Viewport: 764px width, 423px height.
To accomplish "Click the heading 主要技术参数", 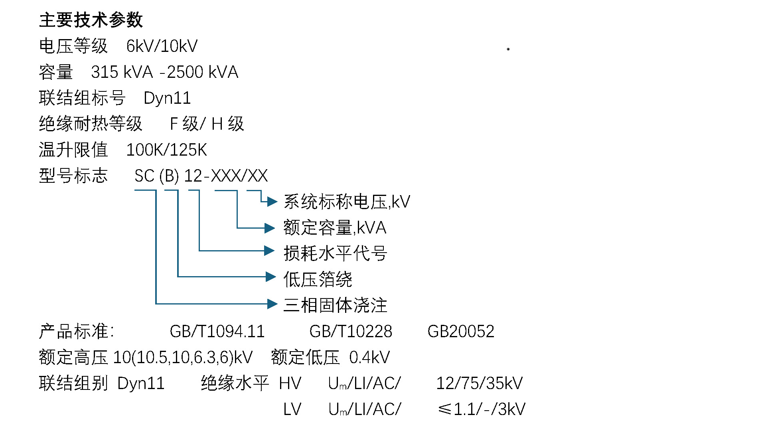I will point(91,20).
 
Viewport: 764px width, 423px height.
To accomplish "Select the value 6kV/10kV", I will point(162,46).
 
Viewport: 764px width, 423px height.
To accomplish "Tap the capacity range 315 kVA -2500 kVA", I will point(164,72).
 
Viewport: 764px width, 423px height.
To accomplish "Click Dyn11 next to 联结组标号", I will point(167,98).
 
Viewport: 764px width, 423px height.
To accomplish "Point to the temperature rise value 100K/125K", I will point(166,150).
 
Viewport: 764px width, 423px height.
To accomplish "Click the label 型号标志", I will point(73,176).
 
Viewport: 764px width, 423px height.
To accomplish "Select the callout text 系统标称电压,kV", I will point(347,202).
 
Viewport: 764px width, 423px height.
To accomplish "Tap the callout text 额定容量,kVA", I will point(335,228).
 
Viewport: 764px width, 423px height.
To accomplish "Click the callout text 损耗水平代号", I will point(335,253).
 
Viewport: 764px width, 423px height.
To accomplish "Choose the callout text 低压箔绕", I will point(318,279).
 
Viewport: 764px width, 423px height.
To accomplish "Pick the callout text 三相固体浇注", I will point(335,305).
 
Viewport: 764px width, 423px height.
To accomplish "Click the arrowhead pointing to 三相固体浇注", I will point(272,304).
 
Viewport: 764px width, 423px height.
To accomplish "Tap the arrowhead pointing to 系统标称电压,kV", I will point(272,202).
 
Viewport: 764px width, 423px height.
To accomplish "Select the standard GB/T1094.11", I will point(217,332).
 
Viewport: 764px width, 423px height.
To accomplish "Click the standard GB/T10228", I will point(351,332).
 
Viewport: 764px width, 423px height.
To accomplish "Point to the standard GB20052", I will point(461,332).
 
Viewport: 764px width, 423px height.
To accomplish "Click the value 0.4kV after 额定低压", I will point(369,358).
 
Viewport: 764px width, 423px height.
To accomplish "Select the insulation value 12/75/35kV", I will point(479,383).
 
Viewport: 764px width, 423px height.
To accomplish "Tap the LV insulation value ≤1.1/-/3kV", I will point(482,409).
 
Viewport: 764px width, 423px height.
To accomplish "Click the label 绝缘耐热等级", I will point(91,124).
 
